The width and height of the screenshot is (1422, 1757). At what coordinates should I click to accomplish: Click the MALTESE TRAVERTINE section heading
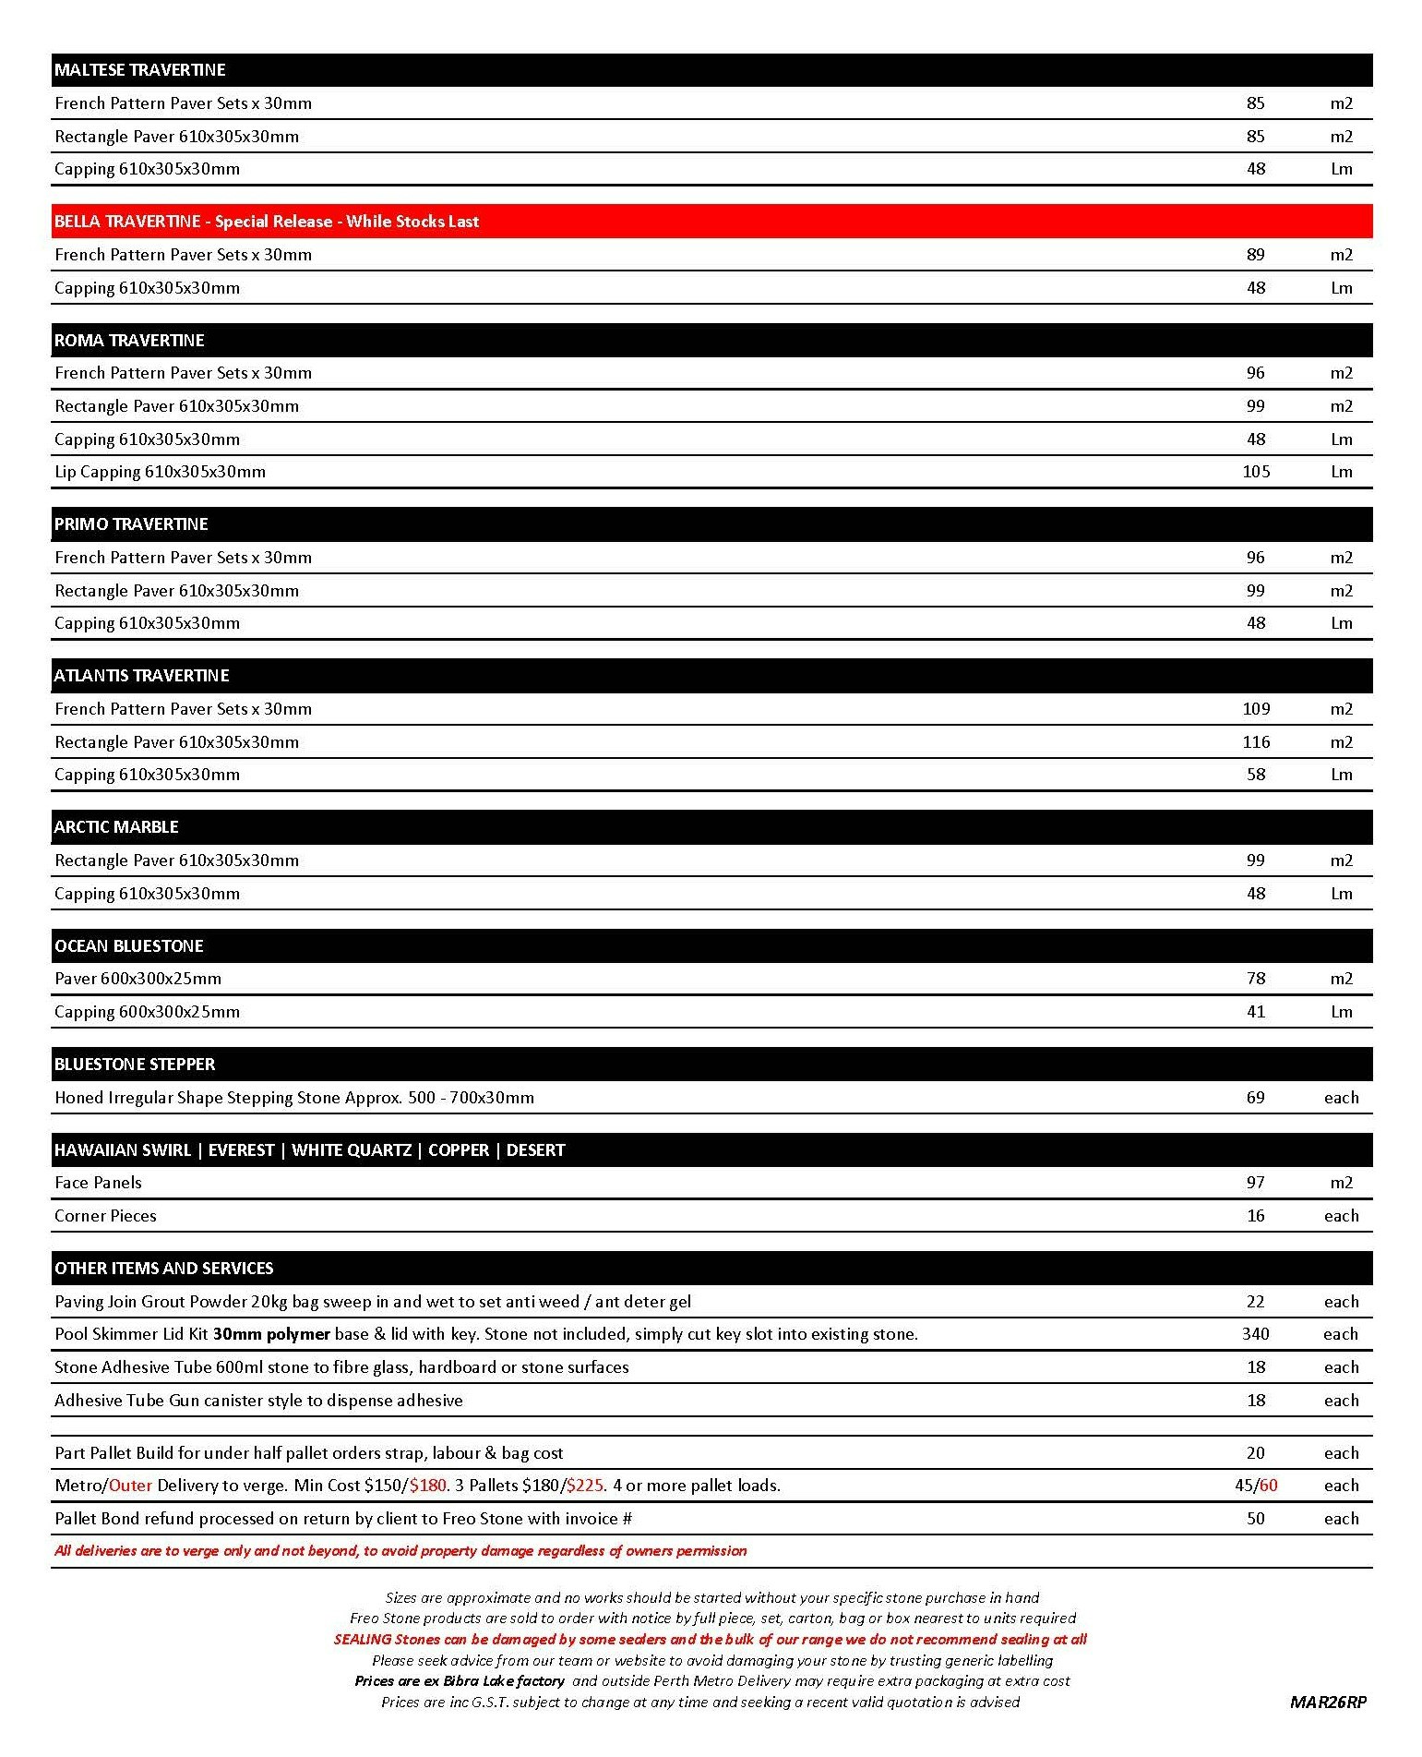tap(139, 70)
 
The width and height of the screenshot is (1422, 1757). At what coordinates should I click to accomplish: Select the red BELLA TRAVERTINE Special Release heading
tap(267, 222)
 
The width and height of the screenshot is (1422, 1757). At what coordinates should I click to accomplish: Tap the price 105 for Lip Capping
tap(1255, 472)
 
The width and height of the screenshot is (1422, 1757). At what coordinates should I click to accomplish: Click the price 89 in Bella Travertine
tap(1255, 255)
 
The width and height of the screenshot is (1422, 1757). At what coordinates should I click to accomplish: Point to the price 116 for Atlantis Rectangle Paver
tap(1255, 742)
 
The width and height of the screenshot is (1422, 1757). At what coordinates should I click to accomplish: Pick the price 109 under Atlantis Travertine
tap(1255, 709)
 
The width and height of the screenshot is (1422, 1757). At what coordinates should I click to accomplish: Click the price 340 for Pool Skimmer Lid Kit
tap(1255, 1334)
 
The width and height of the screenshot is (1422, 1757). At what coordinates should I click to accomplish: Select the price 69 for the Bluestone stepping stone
tap(1255, 1098)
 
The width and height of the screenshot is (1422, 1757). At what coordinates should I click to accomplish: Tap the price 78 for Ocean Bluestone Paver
tap(1255, 979)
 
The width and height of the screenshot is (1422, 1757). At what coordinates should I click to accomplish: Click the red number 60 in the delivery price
tap(1268, 1486)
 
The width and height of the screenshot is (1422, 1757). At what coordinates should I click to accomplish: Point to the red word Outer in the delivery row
tap(130, 1486)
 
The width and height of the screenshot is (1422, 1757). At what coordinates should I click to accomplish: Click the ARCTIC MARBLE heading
tap(116, 827)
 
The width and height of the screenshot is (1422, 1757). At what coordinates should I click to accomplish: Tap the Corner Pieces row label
tap(105, 1216)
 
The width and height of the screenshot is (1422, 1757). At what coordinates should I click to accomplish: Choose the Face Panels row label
tap(98, 1183)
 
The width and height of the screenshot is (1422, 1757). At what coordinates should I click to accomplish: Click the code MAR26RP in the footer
tap(1328, 1703)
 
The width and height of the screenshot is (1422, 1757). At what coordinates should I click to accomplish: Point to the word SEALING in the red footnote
tap(362, 1640)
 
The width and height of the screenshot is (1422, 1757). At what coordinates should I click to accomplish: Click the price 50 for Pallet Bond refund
tap(1255, 1519)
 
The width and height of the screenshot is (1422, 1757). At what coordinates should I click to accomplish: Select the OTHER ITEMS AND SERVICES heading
tap(163, 1269)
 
